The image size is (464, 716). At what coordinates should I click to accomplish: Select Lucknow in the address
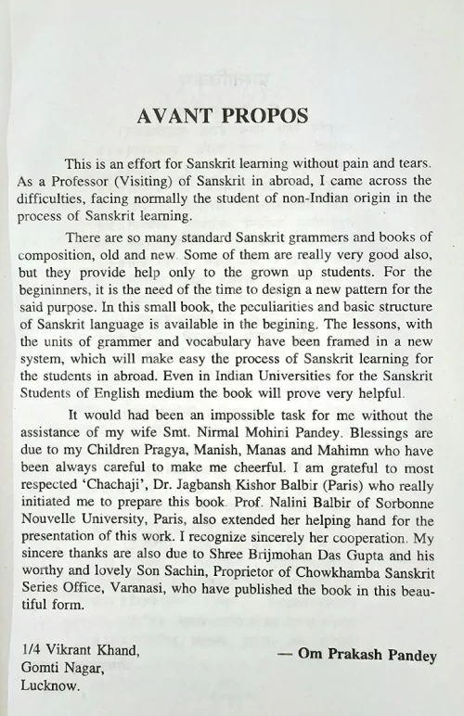(x=50, y=686)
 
